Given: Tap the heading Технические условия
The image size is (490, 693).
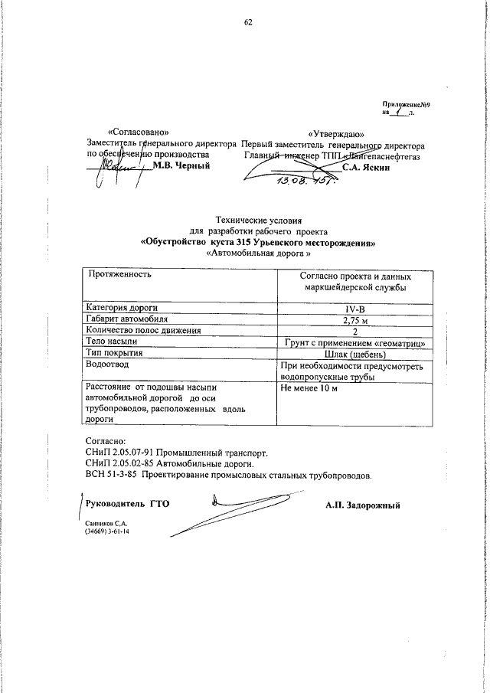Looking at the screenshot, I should pyautogui.click(x=259, y=220).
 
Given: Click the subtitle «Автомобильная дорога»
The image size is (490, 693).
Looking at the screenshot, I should pyautogui.click(x=259, y=253).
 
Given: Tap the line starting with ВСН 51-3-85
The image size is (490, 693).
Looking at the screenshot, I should pyautogui.click(x=228, y=476).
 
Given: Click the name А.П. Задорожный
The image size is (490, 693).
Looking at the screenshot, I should pyautogui.click(x=362, y=505).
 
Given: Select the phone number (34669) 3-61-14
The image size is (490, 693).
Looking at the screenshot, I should pyautogui.click(x=107, y=530).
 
